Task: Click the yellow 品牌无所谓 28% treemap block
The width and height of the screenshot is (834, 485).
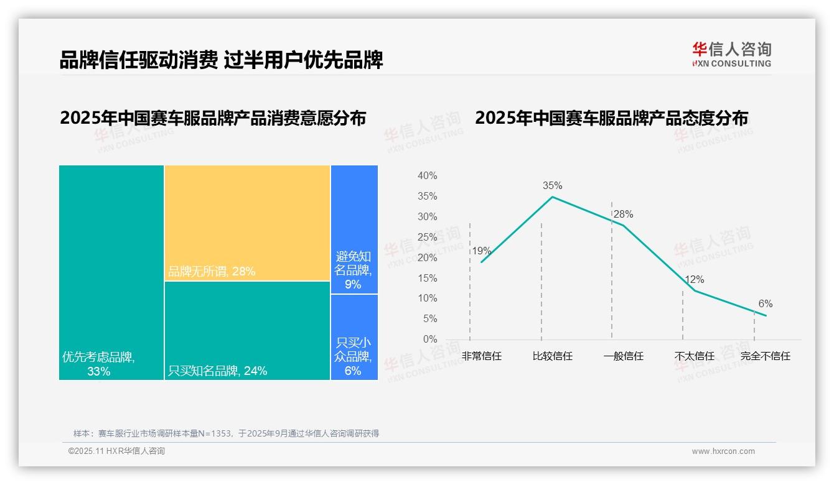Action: click(x=247, y=223)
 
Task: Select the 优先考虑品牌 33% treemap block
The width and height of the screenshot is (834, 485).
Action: click(x=111, y=272)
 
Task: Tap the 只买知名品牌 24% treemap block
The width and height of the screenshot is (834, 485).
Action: click(x=247, y=330)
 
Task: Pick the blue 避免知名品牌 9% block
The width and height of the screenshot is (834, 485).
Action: click(x=354, y=229)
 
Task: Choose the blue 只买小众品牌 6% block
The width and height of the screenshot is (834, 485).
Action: click(x=354, y=336)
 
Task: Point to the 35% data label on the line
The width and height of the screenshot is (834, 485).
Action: click(x=552, y=185)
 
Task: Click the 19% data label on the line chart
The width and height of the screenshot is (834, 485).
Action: click(x=481, y=251)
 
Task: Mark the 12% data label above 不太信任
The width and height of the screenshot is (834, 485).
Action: click(x=694, y=280)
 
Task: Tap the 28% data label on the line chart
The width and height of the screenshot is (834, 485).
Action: click(x=623, y=215)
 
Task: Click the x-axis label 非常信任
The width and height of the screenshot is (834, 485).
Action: click(x=481, y=356)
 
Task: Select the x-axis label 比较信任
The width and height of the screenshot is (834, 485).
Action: click(x=552, y=356)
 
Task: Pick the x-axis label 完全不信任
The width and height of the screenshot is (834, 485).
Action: click(x=765, y=356)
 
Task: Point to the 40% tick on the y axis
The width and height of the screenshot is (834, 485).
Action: click(x=427, y=176)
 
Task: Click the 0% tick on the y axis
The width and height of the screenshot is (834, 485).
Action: click(x=430, y=339)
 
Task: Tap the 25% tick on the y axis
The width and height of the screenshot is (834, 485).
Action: click(x=427, y=238)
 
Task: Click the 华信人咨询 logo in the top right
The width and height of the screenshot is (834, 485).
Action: click(x=731, y=54)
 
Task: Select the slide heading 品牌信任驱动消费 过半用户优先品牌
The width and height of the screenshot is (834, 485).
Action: click(x=221, y=60)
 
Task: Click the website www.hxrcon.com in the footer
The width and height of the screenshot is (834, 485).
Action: click(x=723, y=451)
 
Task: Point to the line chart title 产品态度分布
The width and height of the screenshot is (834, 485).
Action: click(x=611, y=118)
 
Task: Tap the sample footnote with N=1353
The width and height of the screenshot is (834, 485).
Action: click(x=226, y=433)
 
